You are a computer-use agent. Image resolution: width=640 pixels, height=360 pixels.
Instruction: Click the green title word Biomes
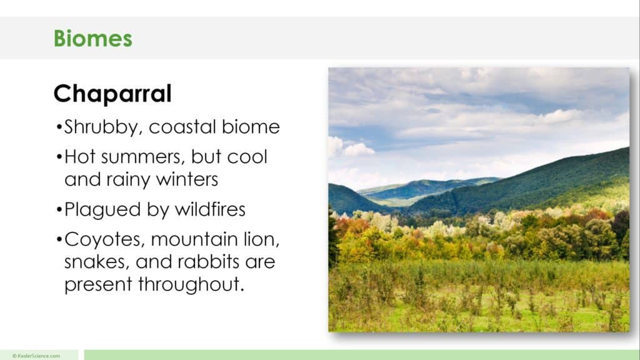[92, 38]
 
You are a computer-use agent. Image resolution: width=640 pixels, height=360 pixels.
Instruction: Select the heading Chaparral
[112, 94]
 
